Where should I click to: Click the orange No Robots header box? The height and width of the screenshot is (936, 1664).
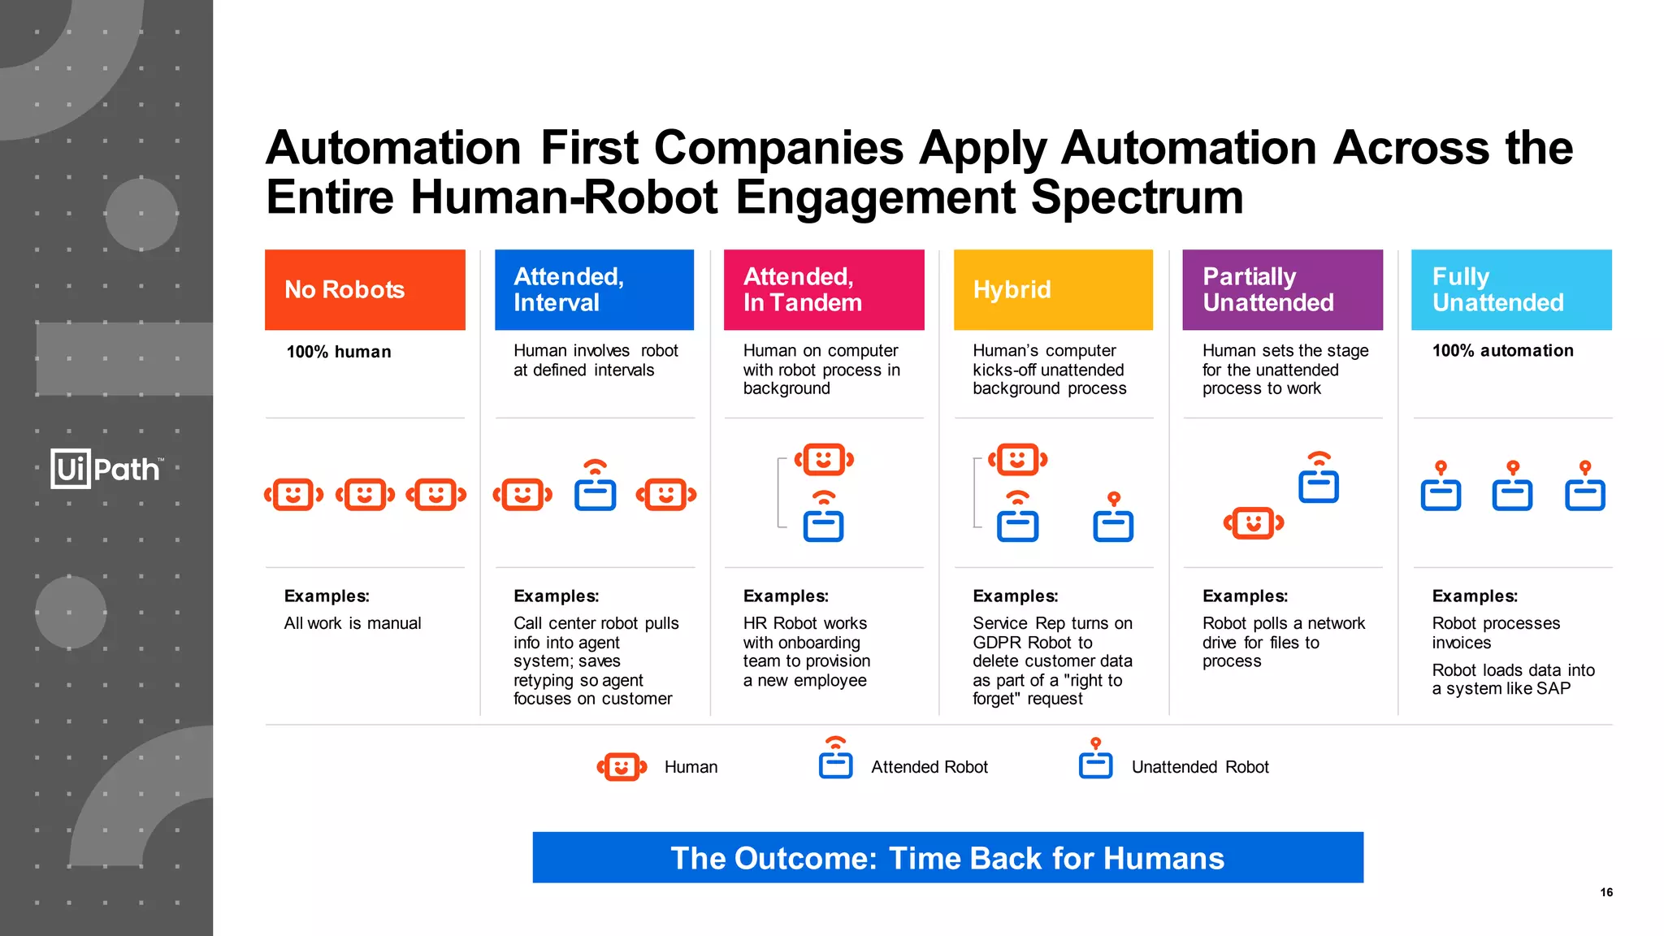[x=365, y=289]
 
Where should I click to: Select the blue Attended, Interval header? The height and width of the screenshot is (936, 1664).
[x=594, y=289]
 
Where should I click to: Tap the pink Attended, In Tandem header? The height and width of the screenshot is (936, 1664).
[x=824, y=289]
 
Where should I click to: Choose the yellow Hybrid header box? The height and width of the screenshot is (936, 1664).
[x=1053, y=289]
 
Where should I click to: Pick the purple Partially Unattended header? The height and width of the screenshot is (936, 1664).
[x=1282, y=289]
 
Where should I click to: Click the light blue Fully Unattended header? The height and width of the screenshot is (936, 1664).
[x=1511, y=289]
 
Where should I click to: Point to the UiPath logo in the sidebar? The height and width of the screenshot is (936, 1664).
[x=106, y=469]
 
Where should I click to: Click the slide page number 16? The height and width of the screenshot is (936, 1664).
[x=1606, y=892]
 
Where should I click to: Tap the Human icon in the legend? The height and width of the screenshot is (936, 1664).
[x=622, y=766]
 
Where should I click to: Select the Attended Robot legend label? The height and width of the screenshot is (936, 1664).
[x=929, y=767]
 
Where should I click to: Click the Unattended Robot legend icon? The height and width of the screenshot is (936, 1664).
[x=1095, y=760]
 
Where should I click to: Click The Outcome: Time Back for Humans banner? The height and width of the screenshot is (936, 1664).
[x=947, y=858]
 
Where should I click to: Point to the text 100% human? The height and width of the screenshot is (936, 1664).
[x=339, y=352]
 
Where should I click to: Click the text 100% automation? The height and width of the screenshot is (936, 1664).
[x=1502, y=351]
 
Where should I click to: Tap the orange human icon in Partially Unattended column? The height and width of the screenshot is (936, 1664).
[x=1254, y=523]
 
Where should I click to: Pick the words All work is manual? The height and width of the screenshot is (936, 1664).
[x=353, y=623]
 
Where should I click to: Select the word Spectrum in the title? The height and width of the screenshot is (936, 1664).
[x=1137, y=197]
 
